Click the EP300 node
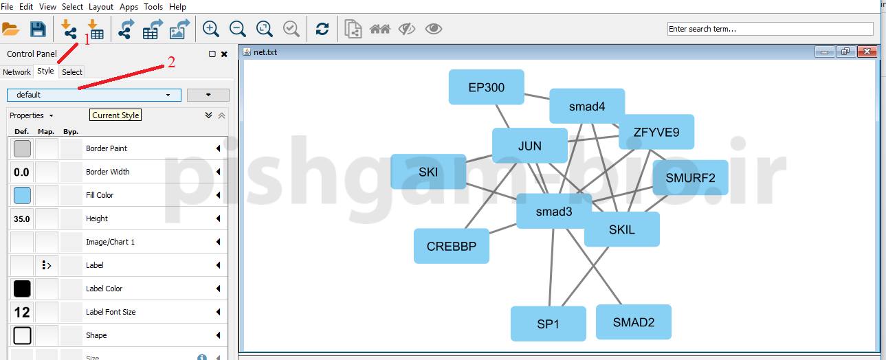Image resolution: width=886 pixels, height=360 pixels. [486, 87]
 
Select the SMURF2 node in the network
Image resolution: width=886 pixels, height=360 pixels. [690, 178]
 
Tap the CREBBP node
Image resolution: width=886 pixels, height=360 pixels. [451, 246]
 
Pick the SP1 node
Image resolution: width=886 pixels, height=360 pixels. [548, 324]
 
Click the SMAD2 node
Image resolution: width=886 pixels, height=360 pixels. [633, 322]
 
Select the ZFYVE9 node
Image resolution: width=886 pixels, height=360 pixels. [656, 132]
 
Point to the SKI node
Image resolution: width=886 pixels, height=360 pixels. [428, 172]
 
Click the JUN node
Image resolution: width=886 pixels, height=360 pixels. [529, 146]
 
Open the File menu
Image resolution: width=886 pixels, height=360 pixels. [7, 7]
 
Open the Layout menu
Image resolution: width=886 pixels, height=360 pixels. [101, 7]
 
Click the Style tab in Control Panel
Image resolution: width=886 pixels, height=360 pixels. [45, 71]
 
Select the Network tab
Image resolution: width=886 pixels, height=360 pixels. [17, 72]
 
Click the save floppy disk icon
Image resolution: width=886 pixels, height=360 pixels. [38, 29]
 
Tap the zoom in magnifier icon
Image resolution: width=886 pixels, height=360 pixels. [211, 29]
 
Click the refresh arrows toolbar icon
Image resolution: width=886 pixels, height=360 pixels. [322, 29]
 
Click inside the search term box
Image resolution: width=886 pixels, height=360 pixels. [770, 29]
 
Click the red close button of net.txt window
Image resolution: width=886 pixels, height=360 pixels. [867, 52]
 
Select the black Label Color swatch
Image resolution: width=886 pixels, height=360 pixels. [22, 289]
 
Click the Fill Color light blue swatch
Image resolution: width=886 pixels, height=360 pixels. [22, 195]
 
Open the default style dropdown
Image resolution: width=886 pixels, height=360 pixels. [94, 95]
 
